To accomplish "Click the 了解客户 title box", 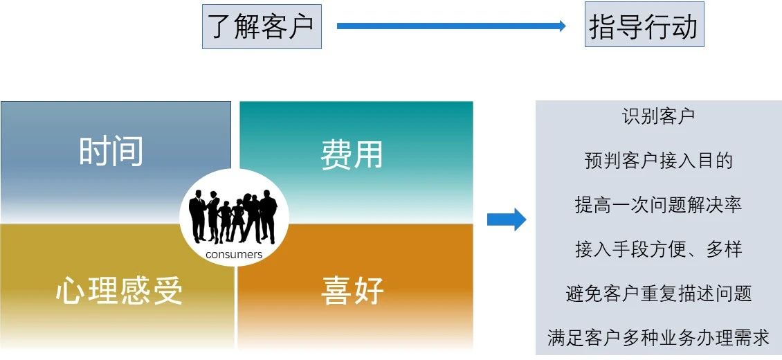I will pos(262,26).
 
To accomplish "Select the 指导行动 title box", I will pos(644,26).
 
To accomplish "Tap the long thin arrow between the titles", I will pos(450,26).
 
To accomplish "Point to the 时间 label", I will pos(111,151).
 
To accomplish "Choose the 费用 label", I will pos(352,155).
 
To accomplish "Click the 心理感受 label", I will pos(119,291).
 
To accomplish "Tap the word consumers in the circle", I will pos(234,255).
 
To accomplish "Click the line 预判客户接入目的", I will pos(658,161).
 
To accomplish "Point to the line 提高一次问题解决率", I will pos(658,205).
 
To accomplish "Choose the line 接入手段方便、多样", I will pos(658,249).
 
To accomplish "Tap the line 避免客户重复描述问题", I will pos(658,294).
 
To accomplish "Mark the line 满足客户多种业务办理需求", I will pos(658,338).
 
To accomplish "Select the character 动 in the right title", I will pos(684,26).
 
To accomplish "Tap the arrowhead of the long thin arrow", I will pos(561,26).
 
